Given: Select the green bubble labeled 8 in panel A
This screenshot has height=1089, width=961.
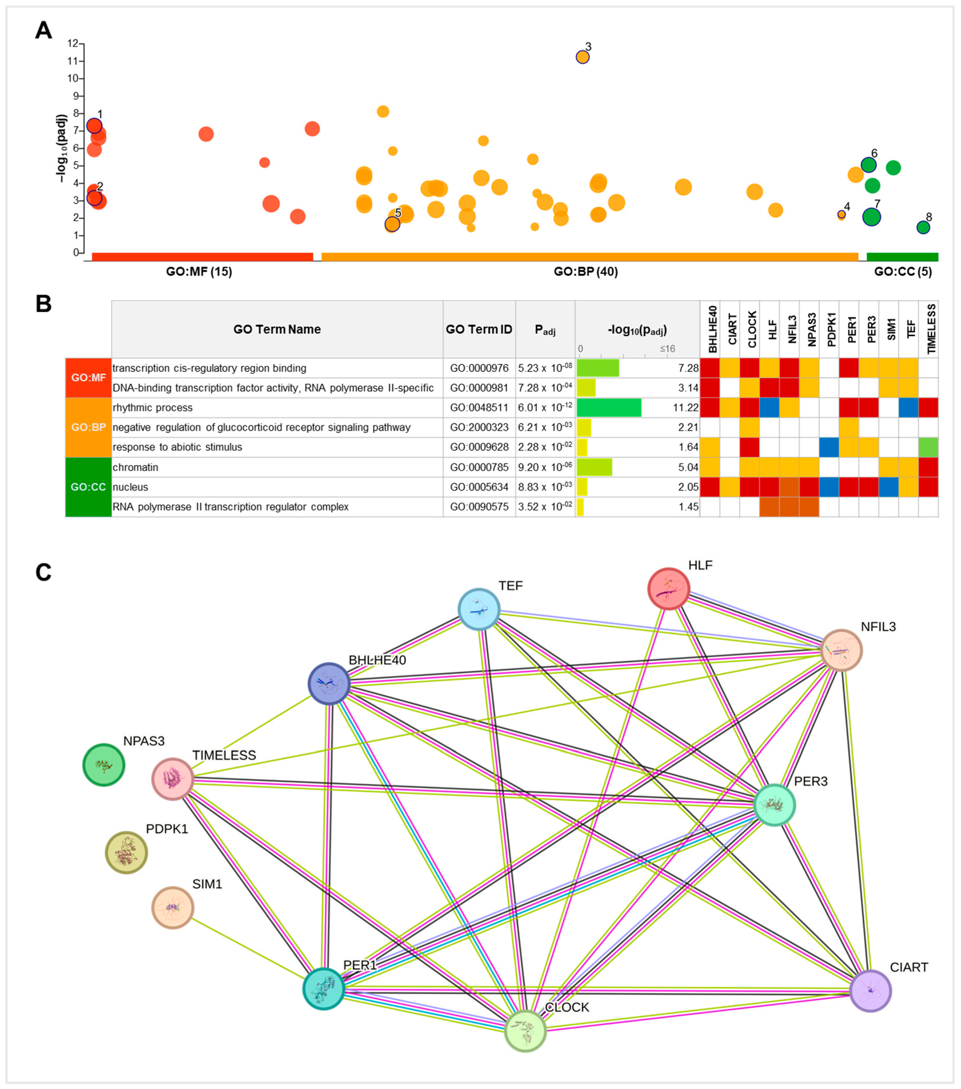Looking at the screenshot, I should (x=923, y=227).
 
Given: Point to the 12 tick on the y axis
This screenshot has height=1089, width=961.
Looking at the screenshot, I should (x=73, y=44).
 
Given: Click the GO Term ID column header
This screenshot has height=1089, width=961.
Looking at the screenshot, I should (x=479, y=329).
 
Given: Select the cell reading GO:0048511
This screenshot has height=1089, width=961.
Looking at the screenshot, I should (x=479, y=408).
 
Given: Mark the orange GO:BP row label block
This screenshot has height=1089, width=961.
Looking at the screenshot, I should (x=88, y=427).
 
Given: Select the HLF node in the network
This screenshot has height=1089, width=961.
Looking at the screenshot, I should (x=669, y=589).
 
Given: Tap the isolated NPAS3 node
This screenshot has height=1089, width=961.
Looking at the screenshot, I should (x=104, y=765).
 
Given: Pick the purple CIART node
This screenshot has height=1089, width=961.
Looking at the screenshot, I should (x=870, y=991).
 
